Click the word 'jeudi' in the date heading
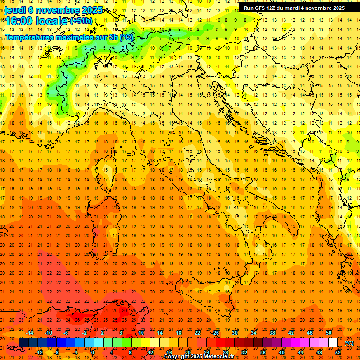pos(15,10)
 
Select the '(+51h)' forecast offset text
pos(81,21)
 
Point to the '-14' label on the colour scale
pos(31,333)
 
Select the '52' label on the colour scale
pos(338,352)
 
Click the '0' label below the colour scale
pos(93,352)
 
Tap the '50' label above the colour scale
pos(329,333)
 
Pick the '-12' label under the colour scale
pos(39,352)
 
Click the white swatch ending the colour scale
pos(333,343)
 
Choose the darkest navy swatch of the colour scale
pos(23,343)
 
